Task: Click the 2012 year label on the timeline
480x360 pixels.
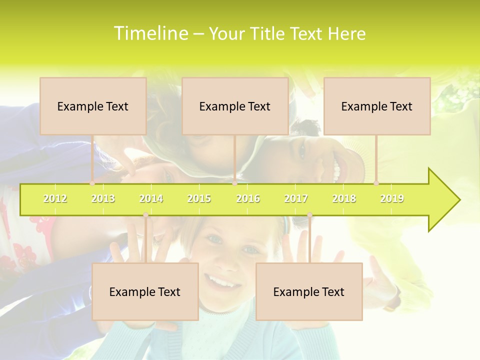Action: click(x=55, y=198)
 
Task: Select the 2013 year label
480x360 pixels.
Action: click(x=103, y=198)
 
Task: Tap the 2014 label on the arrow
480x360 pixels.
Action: click(x=151, y=198)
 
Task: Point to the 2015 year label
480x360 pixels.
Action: click(x=199, y=198)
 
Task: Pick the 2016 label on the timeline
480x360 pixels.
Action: click(x=248, y=198)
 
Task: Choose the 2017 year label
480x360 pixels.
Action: click(x=296, y=198)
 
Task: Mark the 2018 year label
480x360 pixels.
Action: click(x=344, y=198)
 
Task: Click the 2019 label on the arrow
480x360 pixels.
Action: click(x=392, y=198)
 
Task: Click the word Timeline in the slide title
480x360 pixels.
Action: click(x=149, y=33)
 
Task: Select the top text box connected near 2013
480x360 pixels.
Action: click(x=93, y=106)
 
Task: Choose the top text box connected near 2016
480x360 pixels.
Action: click(x=235, y=106)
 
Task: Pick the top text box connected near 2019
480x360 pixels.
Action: click(x=377, y=106)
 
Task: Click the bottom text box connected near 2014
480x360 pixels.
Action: click(x=145, y=291)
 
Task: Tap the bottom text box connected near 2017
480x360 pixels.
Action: click(x=309, y=291)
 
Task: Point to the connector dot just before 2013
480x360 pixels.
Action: click(x=92, y=183)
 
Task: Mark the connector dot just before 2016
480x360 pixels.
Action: click(x=234, y=183)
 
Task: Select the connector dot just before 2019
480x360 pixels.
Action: click(x=376, y=183)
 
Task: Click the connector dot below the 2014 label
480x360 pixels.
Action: click(x=145, y=215)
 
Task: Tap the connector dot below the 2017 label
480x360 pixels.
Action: click(x=309, y=215)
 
